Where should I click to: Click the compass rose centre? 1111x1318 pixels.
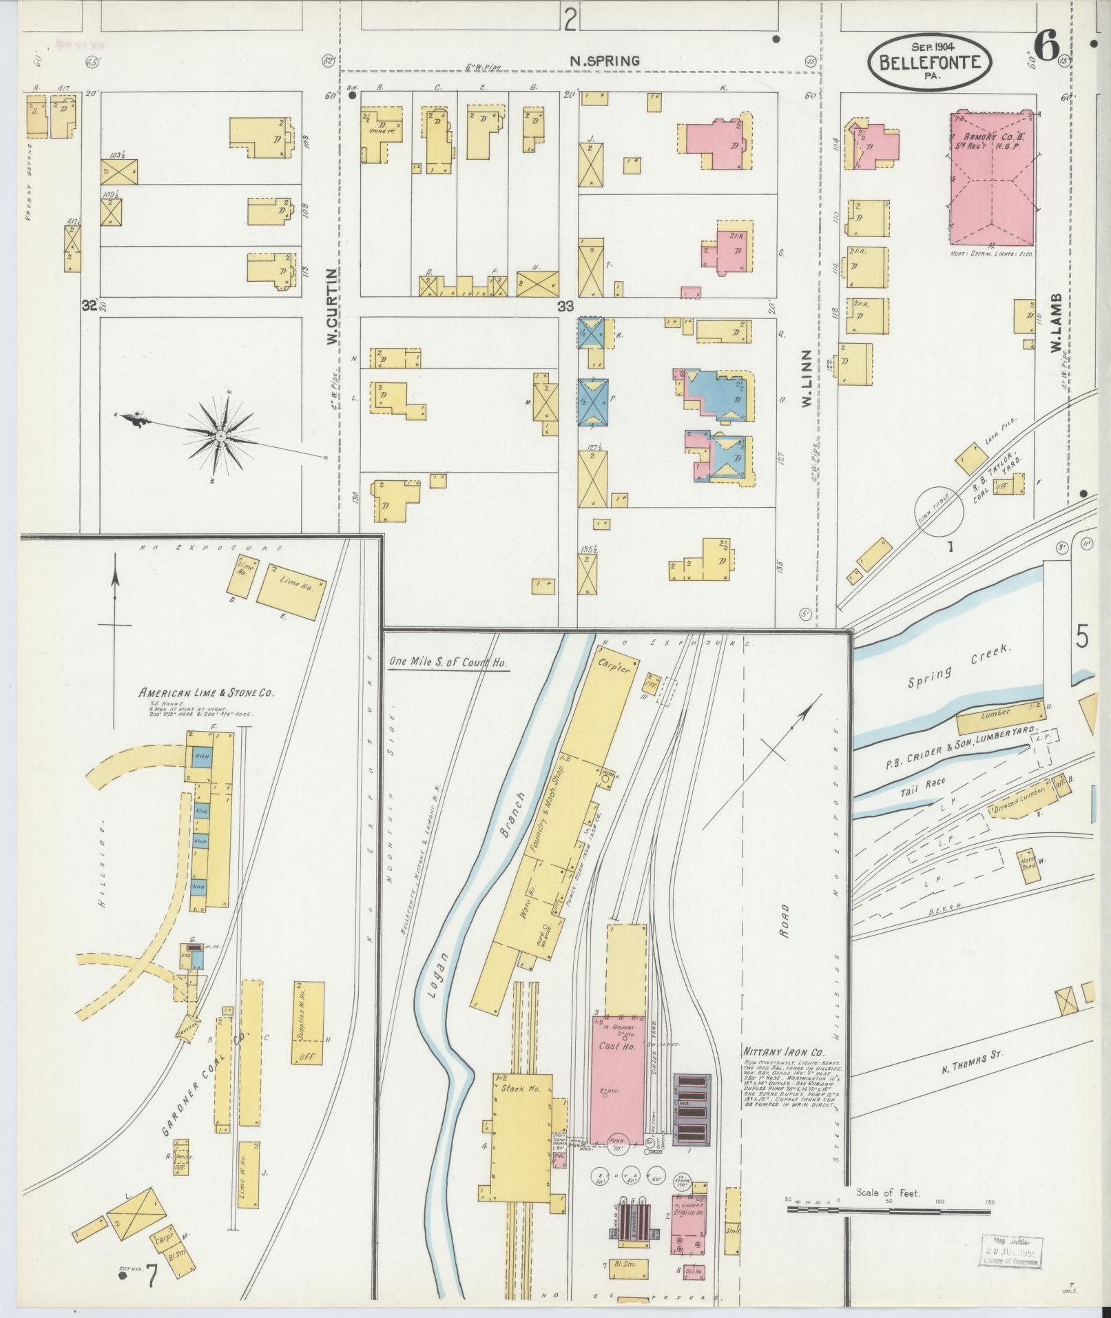pos(220,437)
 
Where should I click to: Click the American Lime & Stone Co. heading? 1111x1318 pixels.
pos(206,693)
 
